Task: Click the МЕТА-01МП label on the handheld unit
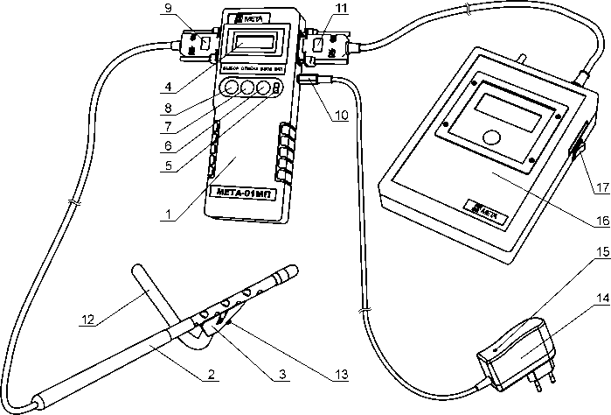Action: tap(242, 193)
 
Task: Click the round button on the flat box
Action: tap(493, 137)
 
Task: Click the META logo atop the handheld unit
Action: tap(251, 15)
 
